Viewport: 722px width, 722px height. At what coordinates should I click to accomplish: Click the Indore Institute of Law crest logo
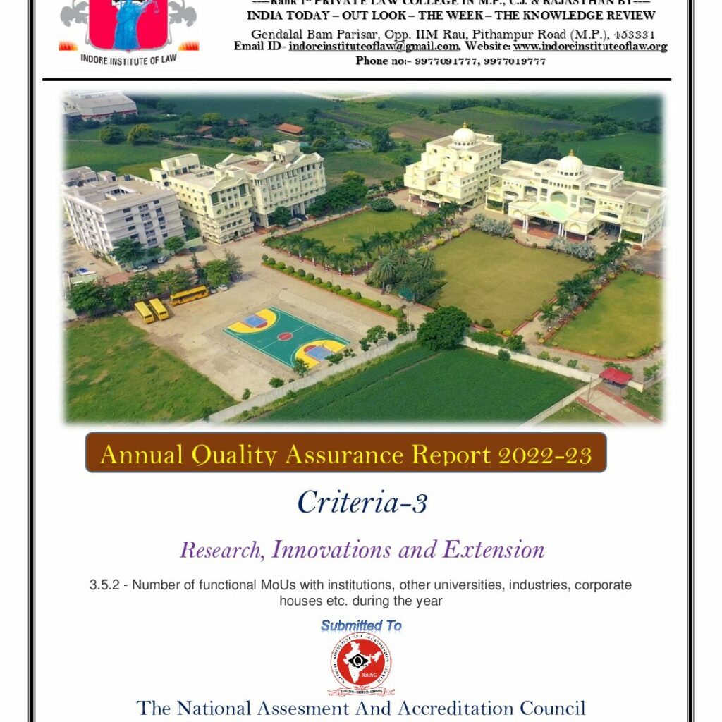(128, 25)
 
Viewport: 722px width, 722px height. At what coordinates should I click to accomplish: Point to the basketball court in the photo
(286, 337)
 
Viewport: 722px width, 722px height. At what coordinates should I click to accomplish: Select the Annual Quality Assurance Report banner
(345, 453)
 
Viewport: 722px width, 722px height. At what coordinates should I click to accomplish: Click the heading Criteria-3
(362, 502)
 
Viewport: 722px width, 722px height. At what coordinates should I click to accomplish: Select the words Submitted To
(361, 625)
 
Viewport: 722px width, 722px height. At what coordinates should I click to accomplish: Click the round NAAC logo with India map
(361, 663)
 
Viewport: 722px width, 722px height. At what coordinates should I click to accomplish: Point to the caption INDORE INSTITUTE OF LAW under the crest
(128, 60)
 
